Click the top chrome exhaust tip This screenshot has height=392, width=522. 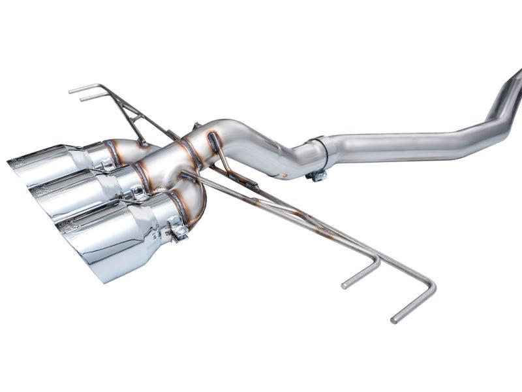[49, 163]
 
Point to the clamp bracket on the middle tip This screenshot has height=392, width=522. [138, 192]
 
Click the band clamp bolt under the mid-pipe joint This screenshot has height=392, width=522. [318, 175]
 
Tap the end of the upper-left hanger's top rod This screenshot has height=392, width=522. [70, 90]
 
